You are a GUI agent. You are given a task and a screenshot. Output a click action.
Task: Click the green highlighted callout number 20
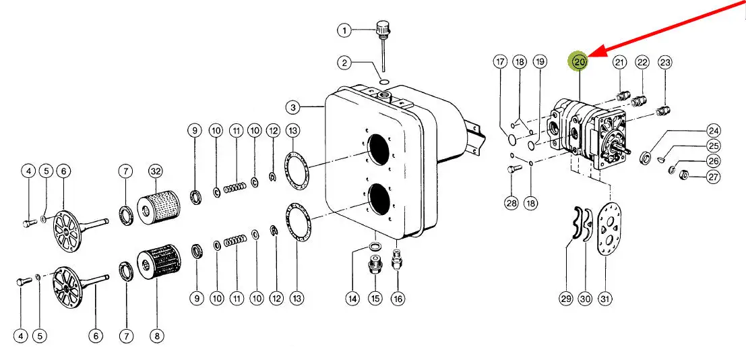click(x=579, y=61)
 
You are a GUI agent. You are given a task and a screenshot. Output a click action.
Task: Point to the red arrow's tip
click(x=589, y=56)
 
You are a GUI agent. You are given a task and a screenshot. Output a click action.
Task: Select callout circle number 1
click(x=344, y=31)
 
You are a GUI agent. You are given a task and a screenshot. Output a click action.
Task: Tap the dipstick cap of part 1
click(x=383, y=28)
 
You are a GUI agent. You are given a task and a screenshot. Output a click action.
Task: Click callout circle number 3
click(x=293, y=108)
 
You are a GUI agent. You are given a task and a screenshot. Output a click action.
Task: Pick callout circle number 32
click(x=156, y=170)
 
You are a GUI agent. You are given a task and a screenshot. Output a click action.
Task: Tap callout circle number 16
click(x=398, y=299)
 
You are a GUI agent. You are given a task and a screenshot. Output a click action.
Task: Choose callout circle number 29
click(x=565, y=299)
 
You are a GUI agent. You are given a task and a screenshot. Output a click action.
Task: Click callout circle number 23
click(x=665, y=62)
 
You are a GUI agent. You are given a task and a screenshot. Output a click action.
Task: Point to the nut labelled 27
click(x=683, y=175)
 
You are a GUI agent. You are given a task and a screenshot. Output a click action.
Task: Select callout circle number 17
click(x=500, y=62)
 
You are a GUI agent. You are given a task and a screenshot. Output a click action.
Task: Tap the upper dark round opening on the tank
click(x=378, y=150)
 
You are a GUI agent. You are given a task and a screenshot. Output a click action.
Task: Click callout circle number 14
click(x=352, y=299)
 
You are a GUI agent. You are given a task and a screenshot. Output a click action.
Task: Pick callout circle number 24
click(x=713, y=131)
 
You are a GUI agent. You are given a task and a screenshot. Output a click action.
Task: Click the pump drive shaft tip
click(x=629, y=152)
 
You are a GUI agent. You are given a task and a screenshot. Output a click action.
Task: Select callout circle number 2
click(x=344, y=62)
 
